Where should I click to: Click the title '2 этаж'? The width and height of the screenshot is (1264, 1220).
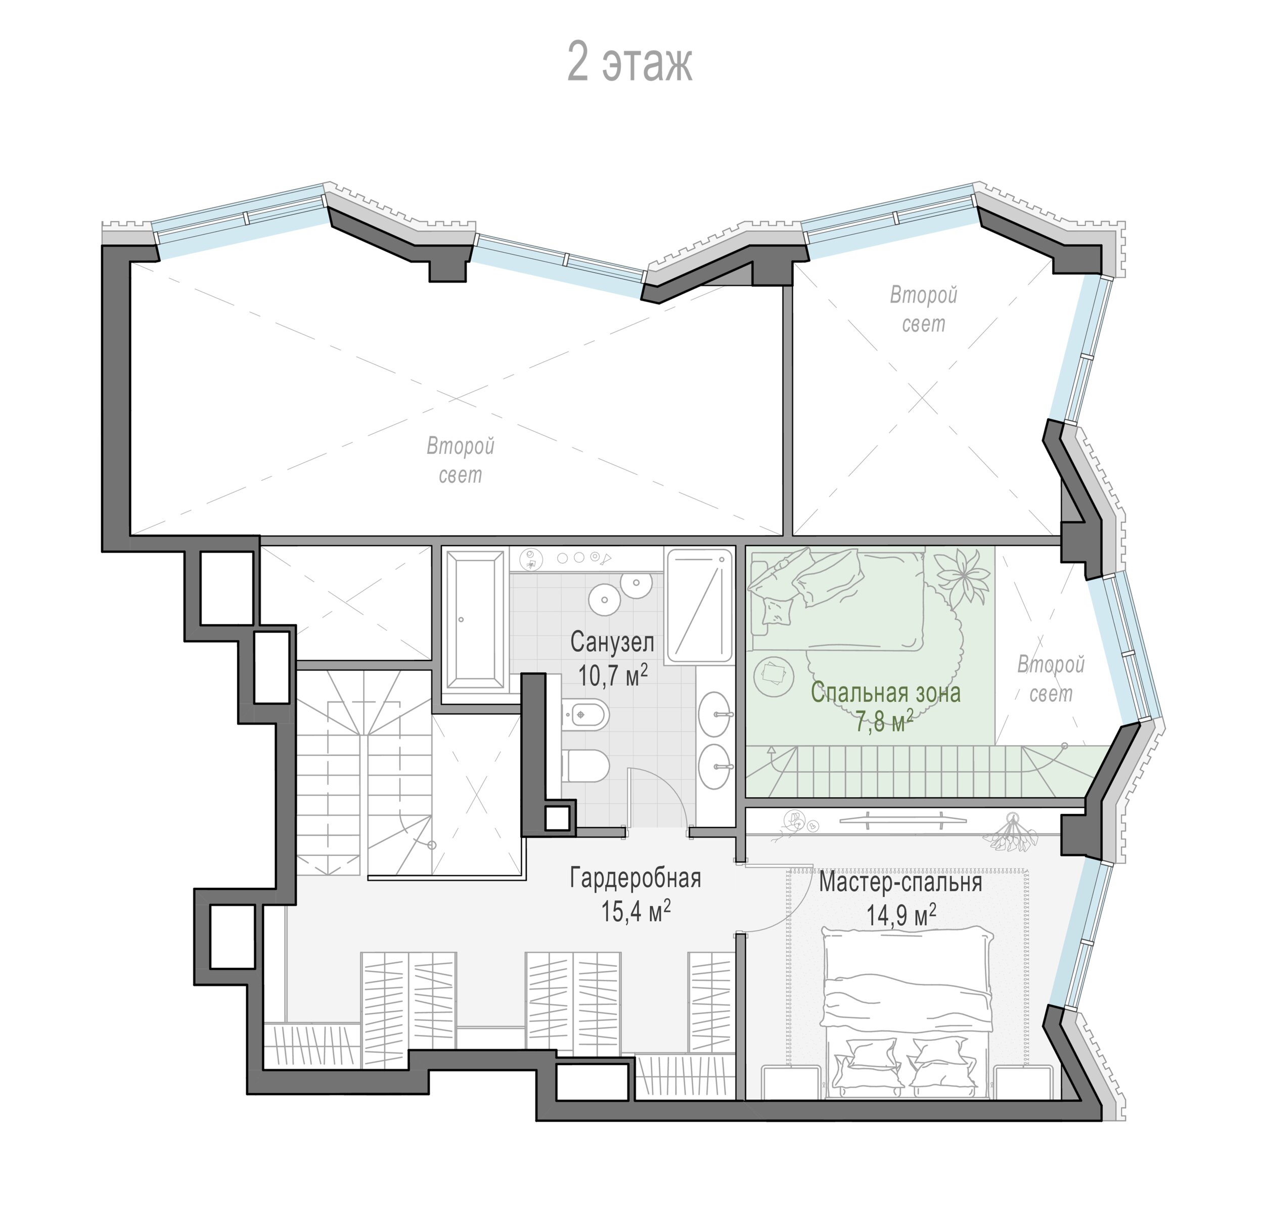[x=629, y=63]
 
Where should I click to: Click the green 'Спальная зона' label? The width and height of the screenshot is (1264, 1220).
[x=885, y=693]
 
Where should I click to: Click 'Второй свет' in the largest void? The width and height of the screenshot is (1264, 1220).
[x=461, y=461]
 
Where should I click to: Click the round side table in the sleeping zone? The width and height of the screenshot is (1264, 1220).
[x=773, y=674]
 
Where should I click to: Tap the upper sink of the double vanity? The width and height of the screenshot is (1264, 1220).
[x=715, y=714]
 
